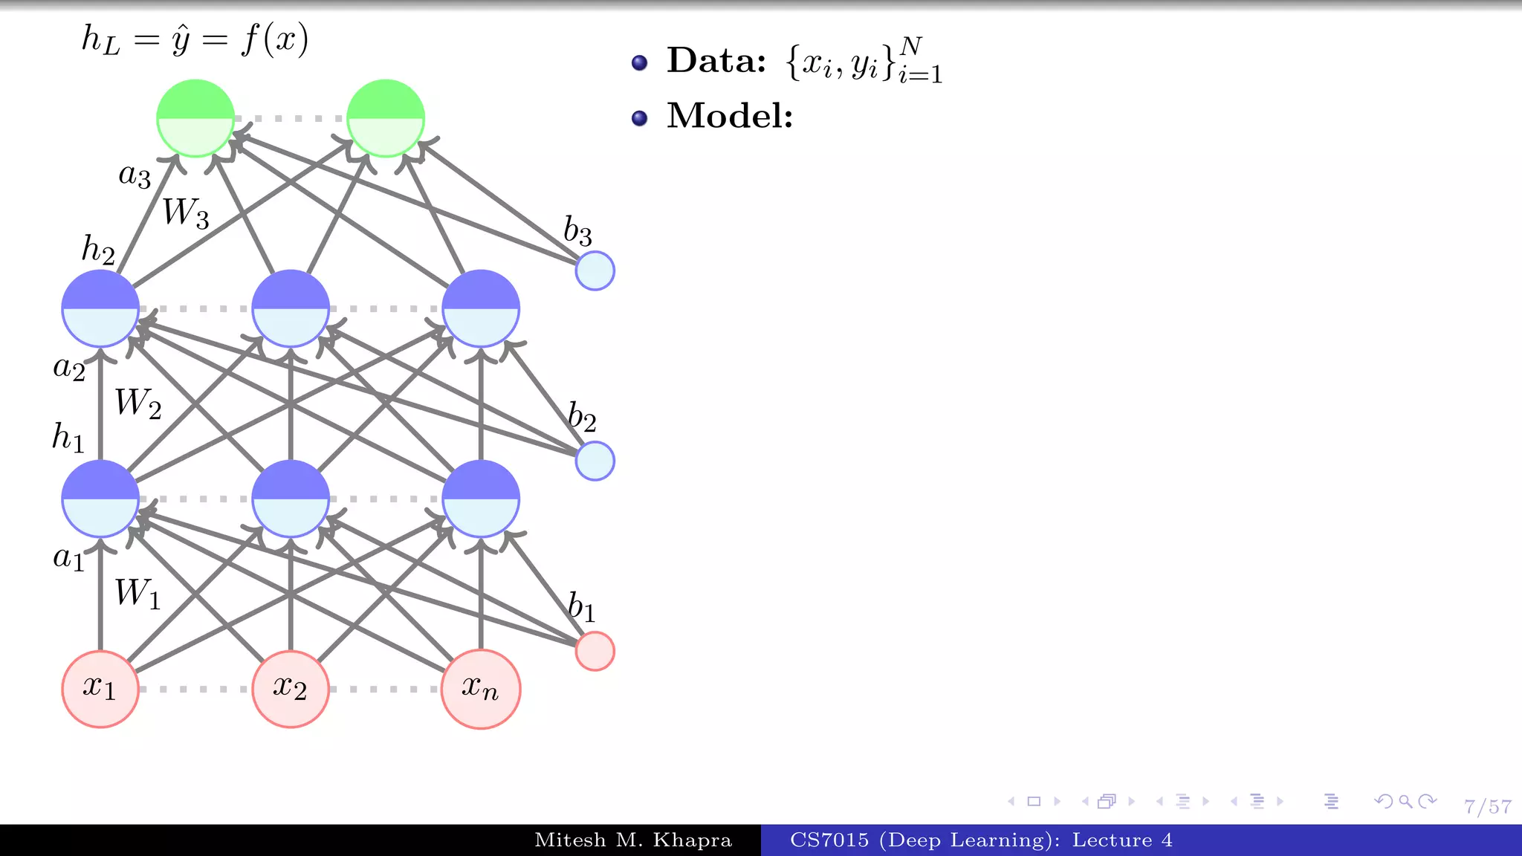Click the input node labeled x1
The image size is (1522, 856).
click(x=100, y=689)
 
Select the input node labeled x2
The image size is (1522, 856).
click(x=290, y=689)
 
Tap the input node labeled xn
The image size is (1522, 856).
click(x=480, y=689)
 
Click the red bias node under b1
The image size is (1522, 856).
click(x=595, y=651)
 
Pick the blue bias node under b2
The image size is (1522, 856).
click(x=595, y=461)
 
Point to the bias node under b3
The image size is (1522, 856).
click(x=595, y=270)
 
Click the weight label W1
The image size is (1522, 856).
click(x=137, y=594)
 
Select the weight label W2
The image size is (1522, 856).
click(x=137, y=403)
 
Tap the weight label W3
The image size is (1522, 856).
click(x=185, y=213)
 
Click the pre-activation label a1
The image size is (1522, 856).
click(x=69, y=557)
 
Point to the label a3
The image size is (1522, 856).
click(x=135, y=176)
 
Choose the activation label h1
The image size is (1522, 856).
click(x=68, y=437)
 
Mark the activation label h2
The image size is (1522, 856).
click(x=98, y=250)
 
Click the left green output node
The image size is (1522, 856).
click(x=195, y=118)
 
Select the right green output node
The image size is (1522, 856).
click(x=386, y=118)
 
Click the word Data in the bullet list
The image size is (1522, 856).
click(x=716, y=60)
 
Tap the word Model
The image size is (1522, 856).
click(x=730, y=116)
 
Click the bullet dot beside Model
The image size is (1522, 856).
click(x=639, y=118)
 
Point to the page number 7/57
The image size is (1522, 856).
click(x=1488, y=807)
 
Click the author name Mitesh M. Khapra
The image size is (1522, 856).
click(x=633, y=840)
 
